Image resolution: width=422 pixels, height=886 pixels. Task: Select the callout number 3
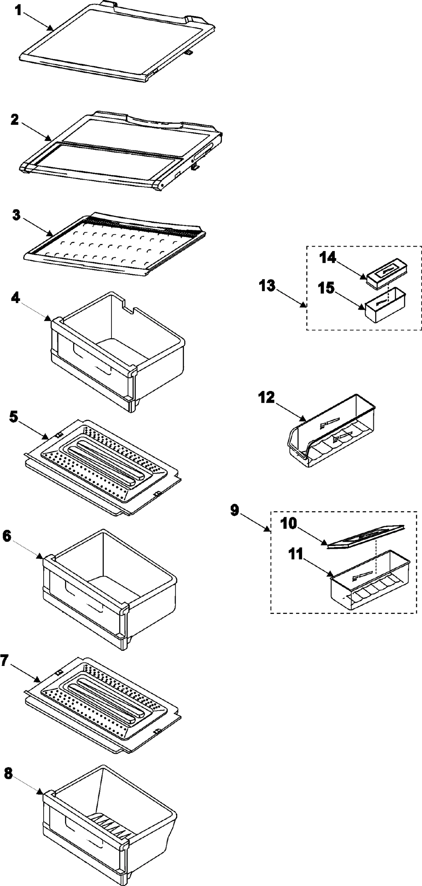(x=16, y=215)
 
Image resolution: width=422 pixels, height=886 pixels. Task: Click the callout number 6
(x=7, y=536)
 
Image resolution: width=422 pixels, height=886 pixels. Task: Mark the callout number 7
(x=4, y=660)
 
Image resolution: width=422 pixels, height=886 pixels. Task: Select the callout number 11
(x=295, y=554)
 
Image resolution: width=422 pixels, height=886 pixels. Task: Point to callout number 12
(x=266, y=398)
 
